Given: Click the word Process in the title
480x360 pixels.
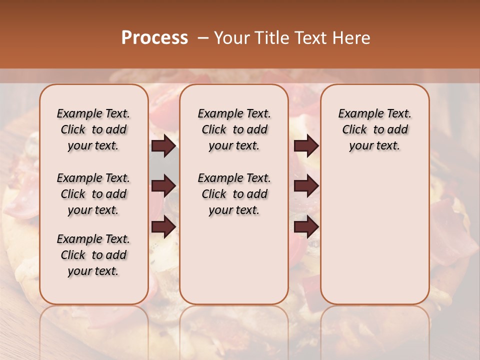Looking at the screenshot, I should point(154,38).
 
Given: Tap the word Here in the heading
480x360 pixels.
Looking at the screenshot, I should point(352,38).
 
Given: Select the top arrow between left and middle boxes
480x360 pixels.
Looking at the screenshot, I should point(163,146).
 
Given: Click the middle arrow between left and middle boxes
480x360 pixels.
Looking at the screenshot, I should point(163,186).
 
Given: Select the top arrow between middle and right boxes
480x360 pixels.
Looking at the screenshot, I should point(306,146).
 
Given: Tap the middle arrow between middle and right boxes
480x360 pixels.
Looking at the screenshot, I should point(306,186).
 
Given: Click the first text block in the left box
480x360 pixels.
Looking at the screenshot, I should point(93,129).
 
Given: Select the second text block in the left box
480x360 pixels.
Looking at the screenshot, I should point(93,194).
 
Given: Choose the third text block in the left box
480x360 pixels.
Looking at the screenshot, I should point(93,255).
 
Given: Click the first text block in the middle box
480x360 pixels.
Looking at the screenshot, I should point(234,129).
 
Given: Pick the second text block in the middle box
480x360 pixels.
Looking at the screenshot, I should point(234,194).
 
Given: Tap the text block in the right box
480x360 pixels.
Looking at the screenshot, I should point(374,129).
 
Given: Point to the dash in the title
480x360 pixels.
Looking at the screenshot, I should point(203,38).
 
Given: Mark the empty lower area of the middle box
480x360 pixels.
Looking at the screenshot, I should point(234,260).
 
